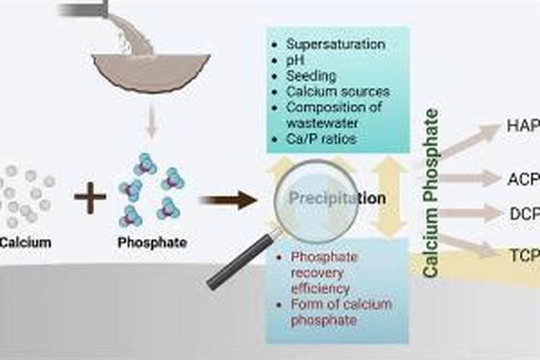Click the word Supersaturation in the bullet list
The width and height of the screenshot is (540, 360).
click(x=336, y=45)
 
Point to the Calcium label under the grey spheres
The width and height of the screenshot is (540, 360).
click(x=25, y=243)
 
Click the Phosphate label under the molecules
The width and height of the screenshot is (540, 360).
click(x=152, y=243)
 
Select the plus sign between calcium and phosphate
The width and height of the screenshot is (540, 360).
click(x=90, y=198)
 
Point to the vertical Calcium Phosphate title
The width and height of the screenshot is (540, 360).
click(x=431, y=193)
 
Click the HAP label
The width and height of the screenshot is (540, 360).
click(x=523, y=127)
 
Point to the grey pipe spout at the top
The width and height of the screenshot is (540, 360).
click(x=85, y=9)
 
